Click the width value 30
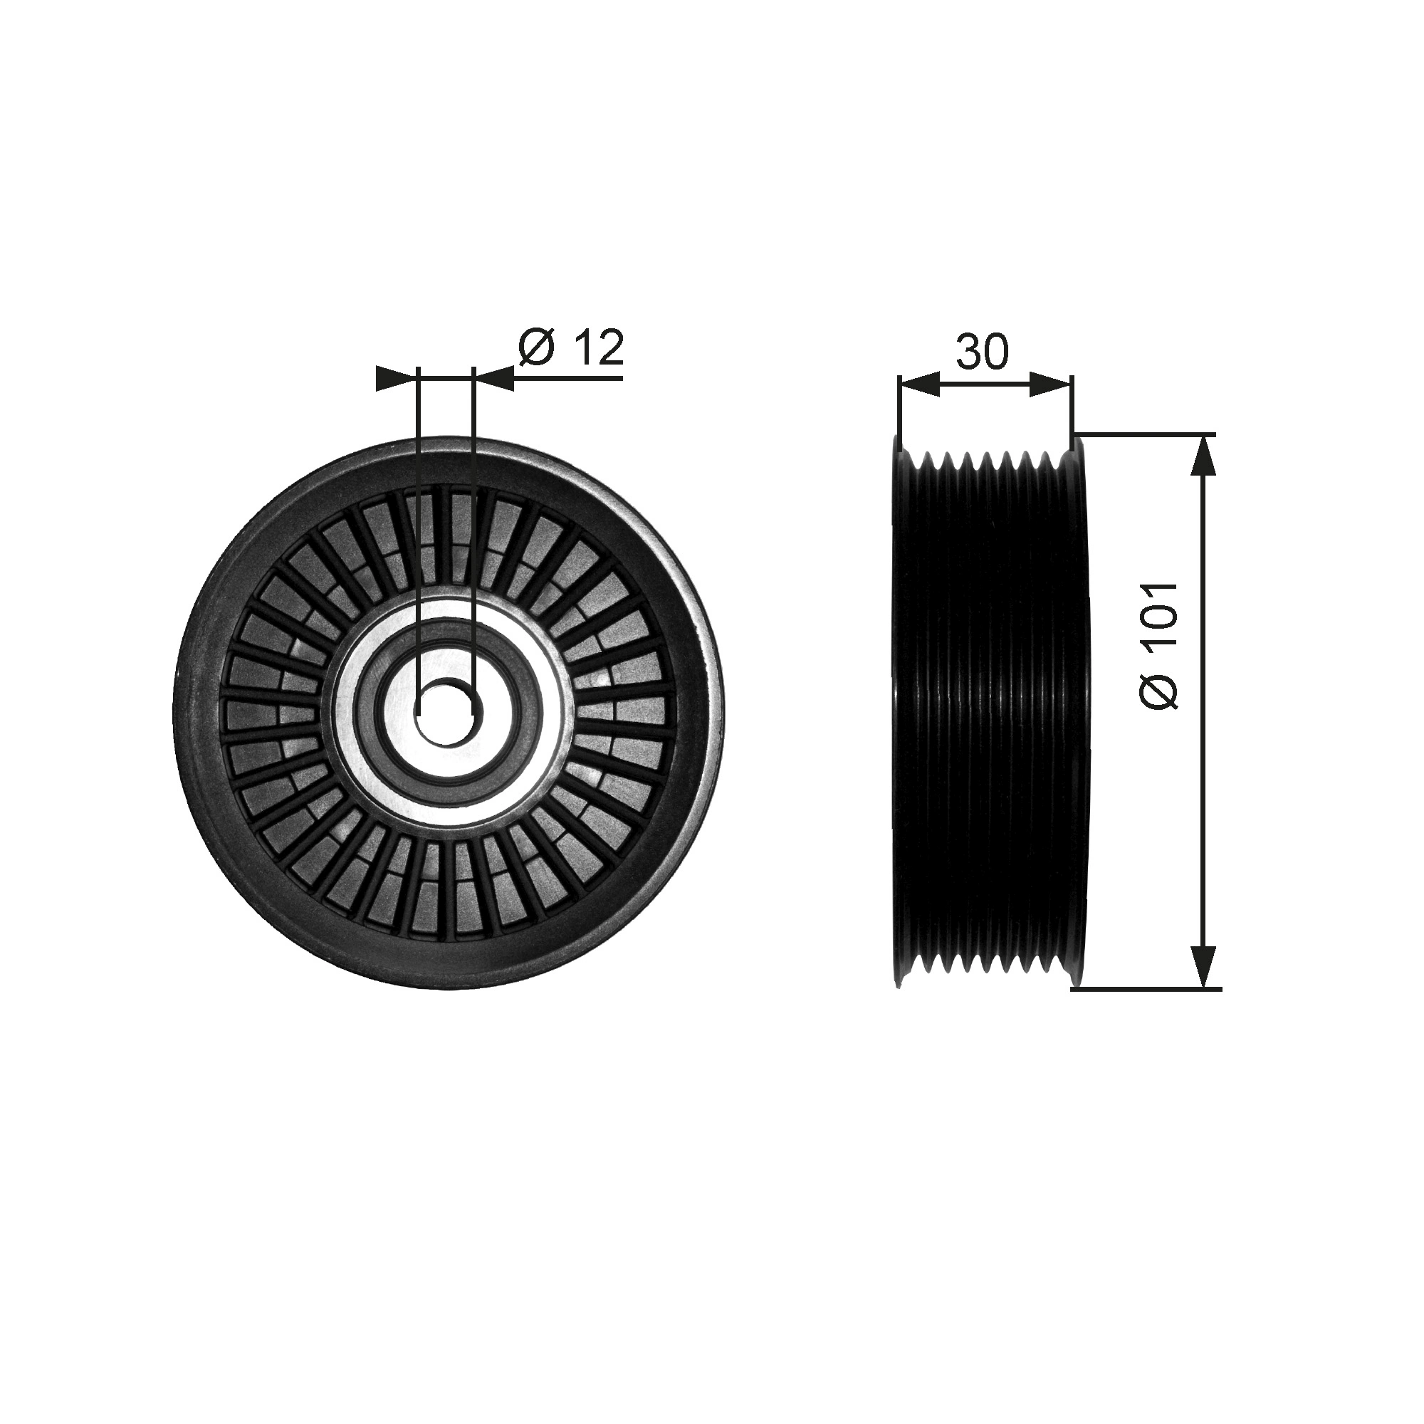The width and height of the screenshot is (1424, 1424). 982,352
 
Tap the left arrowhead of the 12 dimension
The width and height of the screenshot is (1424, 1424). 394,379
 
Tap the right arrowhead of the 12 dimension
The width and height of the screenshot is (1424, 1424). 496,379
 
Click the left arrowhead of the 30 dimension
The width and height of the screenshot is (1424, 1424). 920,384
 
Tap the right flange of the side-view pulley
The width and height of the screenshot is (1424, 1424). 1079,711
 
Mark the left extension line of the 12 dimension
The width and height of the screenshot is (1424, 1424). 418,516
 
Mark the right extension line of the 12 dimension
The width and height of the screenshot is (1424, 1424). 474,516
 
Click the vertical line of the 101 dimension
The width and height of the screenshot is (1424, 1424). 1203,711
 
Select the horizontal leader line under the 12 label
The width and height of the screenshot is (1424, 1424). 567,379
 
